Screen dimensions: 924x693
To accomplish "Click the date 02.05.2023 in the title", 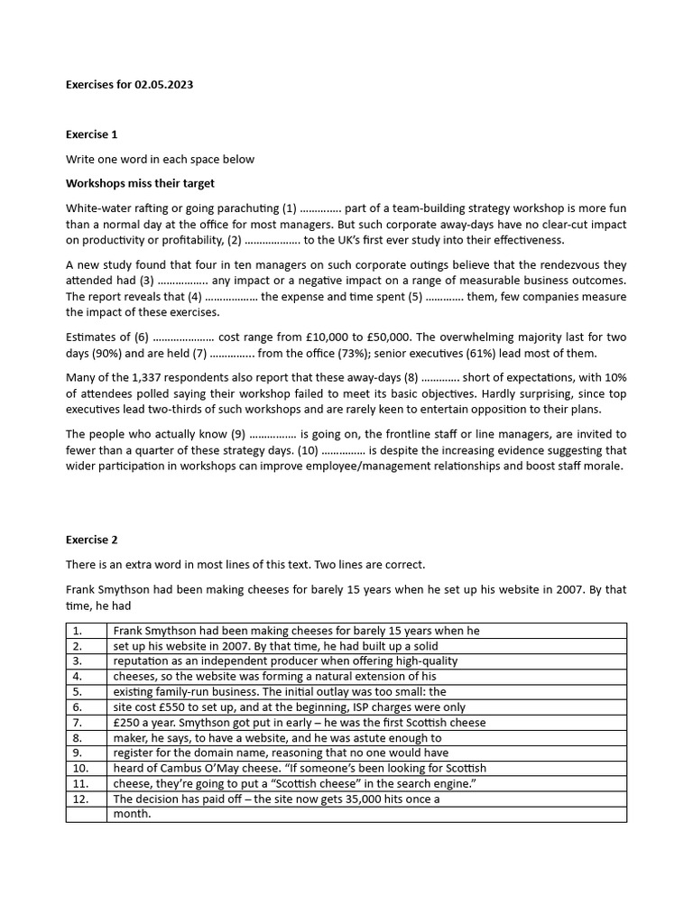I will point(163,85).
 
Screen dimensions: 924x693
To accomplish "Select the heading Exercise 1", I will point(91,134).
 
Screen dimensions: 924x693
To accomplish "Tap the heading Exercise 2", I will point(91,540).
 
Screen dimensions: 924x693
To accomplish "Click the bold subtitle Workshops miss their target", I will point(140,183).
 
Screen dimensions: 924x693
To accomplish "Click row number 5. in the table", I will point(77,691).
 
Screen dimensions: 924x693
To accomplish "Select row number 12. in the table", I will point(79,799).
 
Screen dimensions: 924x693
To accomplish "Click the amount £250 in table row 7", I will point(127,722).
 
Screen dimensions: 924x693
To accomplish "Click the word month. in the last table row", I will point(132,814).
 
